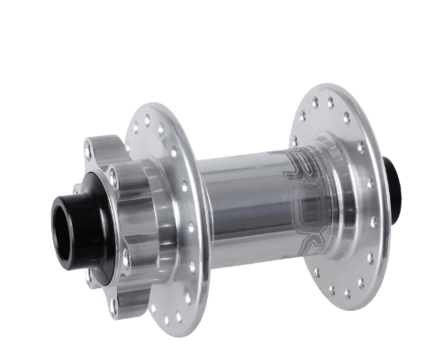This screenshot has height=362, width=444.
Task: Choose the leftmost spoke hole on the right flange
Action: [x=294, y=141]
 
